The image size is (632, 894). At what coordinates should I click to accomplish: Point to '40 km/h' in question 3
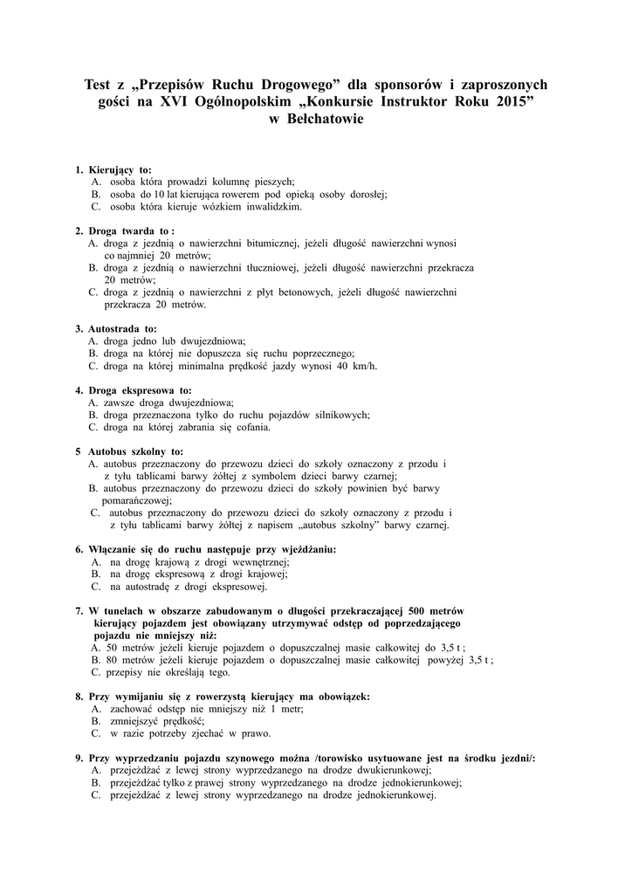click(x=358, y=365)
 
